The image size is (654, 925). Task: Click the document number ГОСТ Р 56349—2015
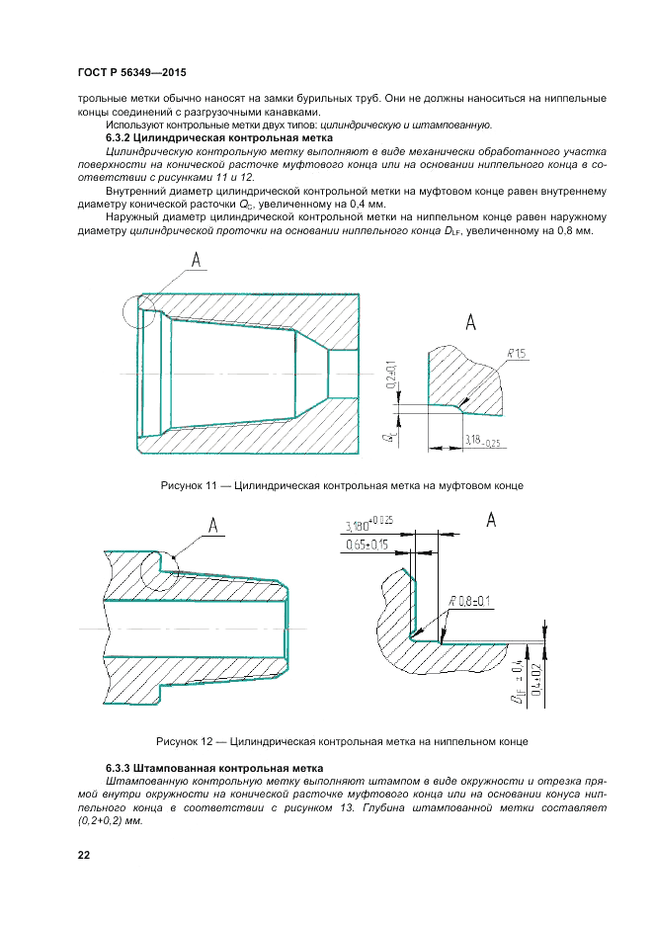[x=131, y=73]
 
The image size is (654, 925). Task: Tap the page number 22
[x=83, y=855]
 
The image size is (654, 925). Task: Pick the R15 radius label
[x=517, y=354]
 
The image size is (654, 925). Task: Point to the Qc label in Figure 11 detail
[x=391, y=434]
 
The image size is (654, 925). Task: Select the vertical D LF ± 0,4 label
[x=517, y=682]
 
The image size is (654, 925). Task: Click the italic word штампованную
[x=450, y=126]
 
